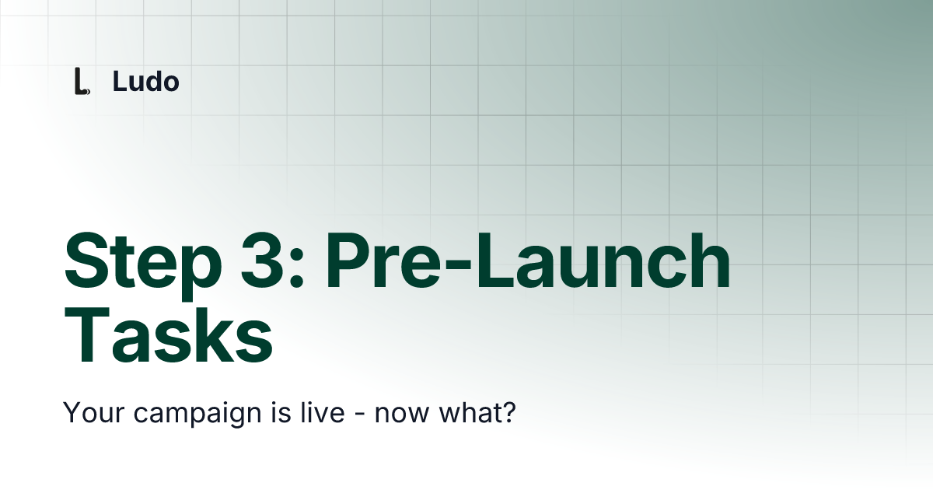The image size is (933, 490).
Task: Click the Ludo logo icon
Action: click(80, 82)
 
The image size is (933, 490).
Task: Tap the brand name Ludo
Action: click(145, 81)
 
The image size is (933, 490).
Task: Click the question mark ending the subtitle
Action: click(508, 412)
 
